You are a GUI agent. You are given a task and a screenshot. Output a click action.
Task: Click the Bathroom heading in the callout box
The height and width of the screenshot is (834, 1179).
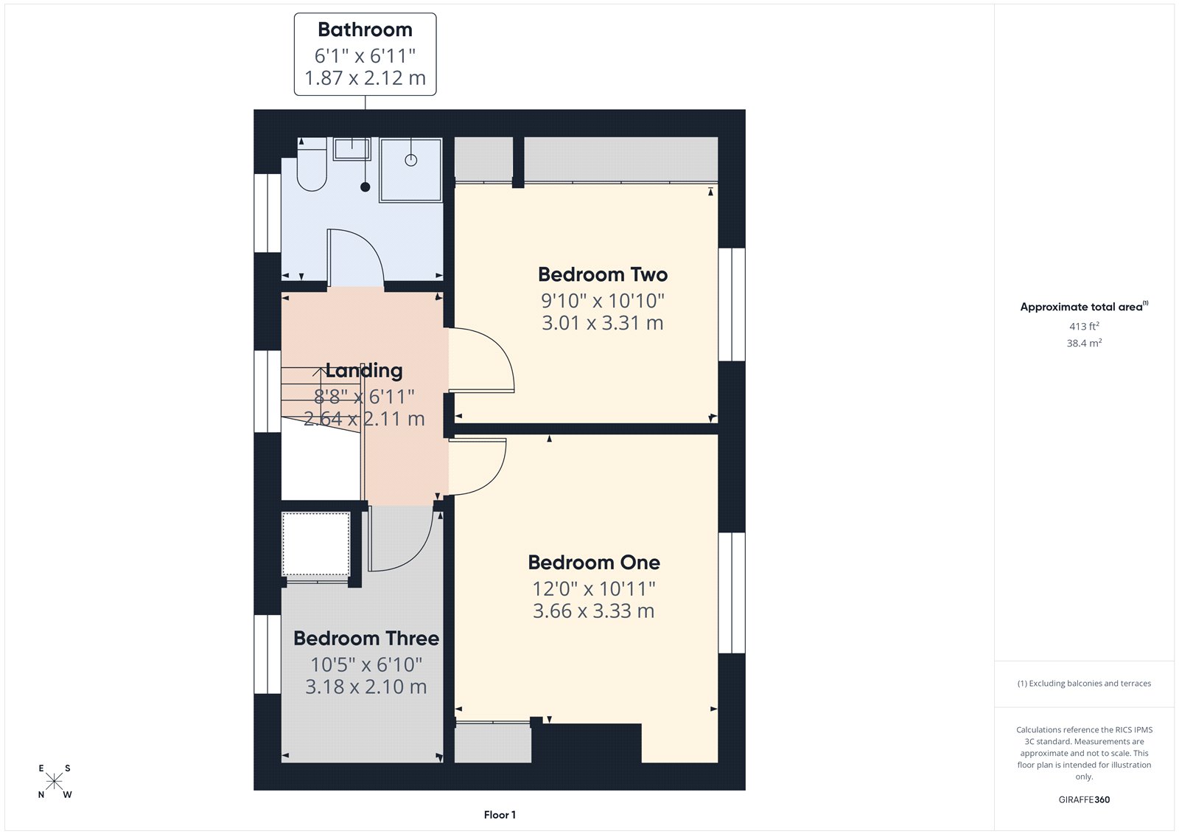coord(365,30)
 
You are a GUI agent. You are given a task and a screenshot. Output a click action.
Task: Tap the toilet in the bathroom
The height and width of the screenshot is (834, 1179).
coord(312,167)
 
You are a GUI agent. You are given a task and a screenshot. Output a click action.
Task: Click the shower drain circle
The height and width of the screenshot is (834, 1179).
coord(411,160)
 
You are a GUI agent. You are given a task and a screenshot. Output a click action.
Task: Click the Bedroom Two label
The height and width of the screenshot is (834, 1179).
coord(603,275)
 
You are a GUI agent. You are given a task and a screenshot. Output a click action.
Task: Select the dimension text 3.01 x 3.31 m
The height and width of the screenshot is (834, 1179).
coord(603,323)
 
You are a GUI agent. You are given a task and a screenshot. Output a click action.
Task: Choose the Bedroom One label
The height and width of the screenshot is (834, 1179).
coord(594,563)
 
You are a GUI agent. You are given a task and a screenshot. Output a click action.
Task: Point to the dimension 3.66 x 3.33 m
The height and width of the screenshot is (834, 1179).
coord(594,611)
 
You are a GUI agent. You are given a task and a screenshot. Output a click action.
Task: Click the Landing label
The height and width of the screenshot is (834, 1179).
coord(364,371)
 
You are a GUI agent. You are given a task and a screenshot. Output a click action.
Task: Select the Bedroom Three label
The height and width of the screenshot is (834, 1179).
coord(366,639)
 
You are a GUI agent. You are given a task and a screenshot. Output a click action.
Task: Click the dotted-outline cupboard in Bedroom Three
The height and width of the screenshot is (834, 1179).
coord(316,544)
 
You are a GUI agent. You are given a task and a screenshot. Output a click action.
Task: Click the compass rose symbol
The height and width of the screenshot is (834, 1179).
coord(55,782)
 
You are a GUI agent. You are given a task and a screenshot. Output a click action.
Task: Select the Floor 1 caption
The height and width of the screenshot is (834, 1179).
coord(500,815)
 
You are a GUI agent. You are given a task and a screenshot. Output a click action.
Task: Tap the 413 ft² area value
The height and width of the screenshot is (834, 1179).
coord(1084,326)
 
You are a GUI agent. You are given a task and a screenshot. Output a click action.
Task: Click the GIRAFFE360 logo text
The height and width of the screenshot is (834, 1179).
coord(1084,799)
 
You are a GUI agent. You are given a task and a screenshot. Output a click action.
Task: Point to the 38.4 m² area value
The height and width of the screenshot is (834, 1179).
coord(1084,343)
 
